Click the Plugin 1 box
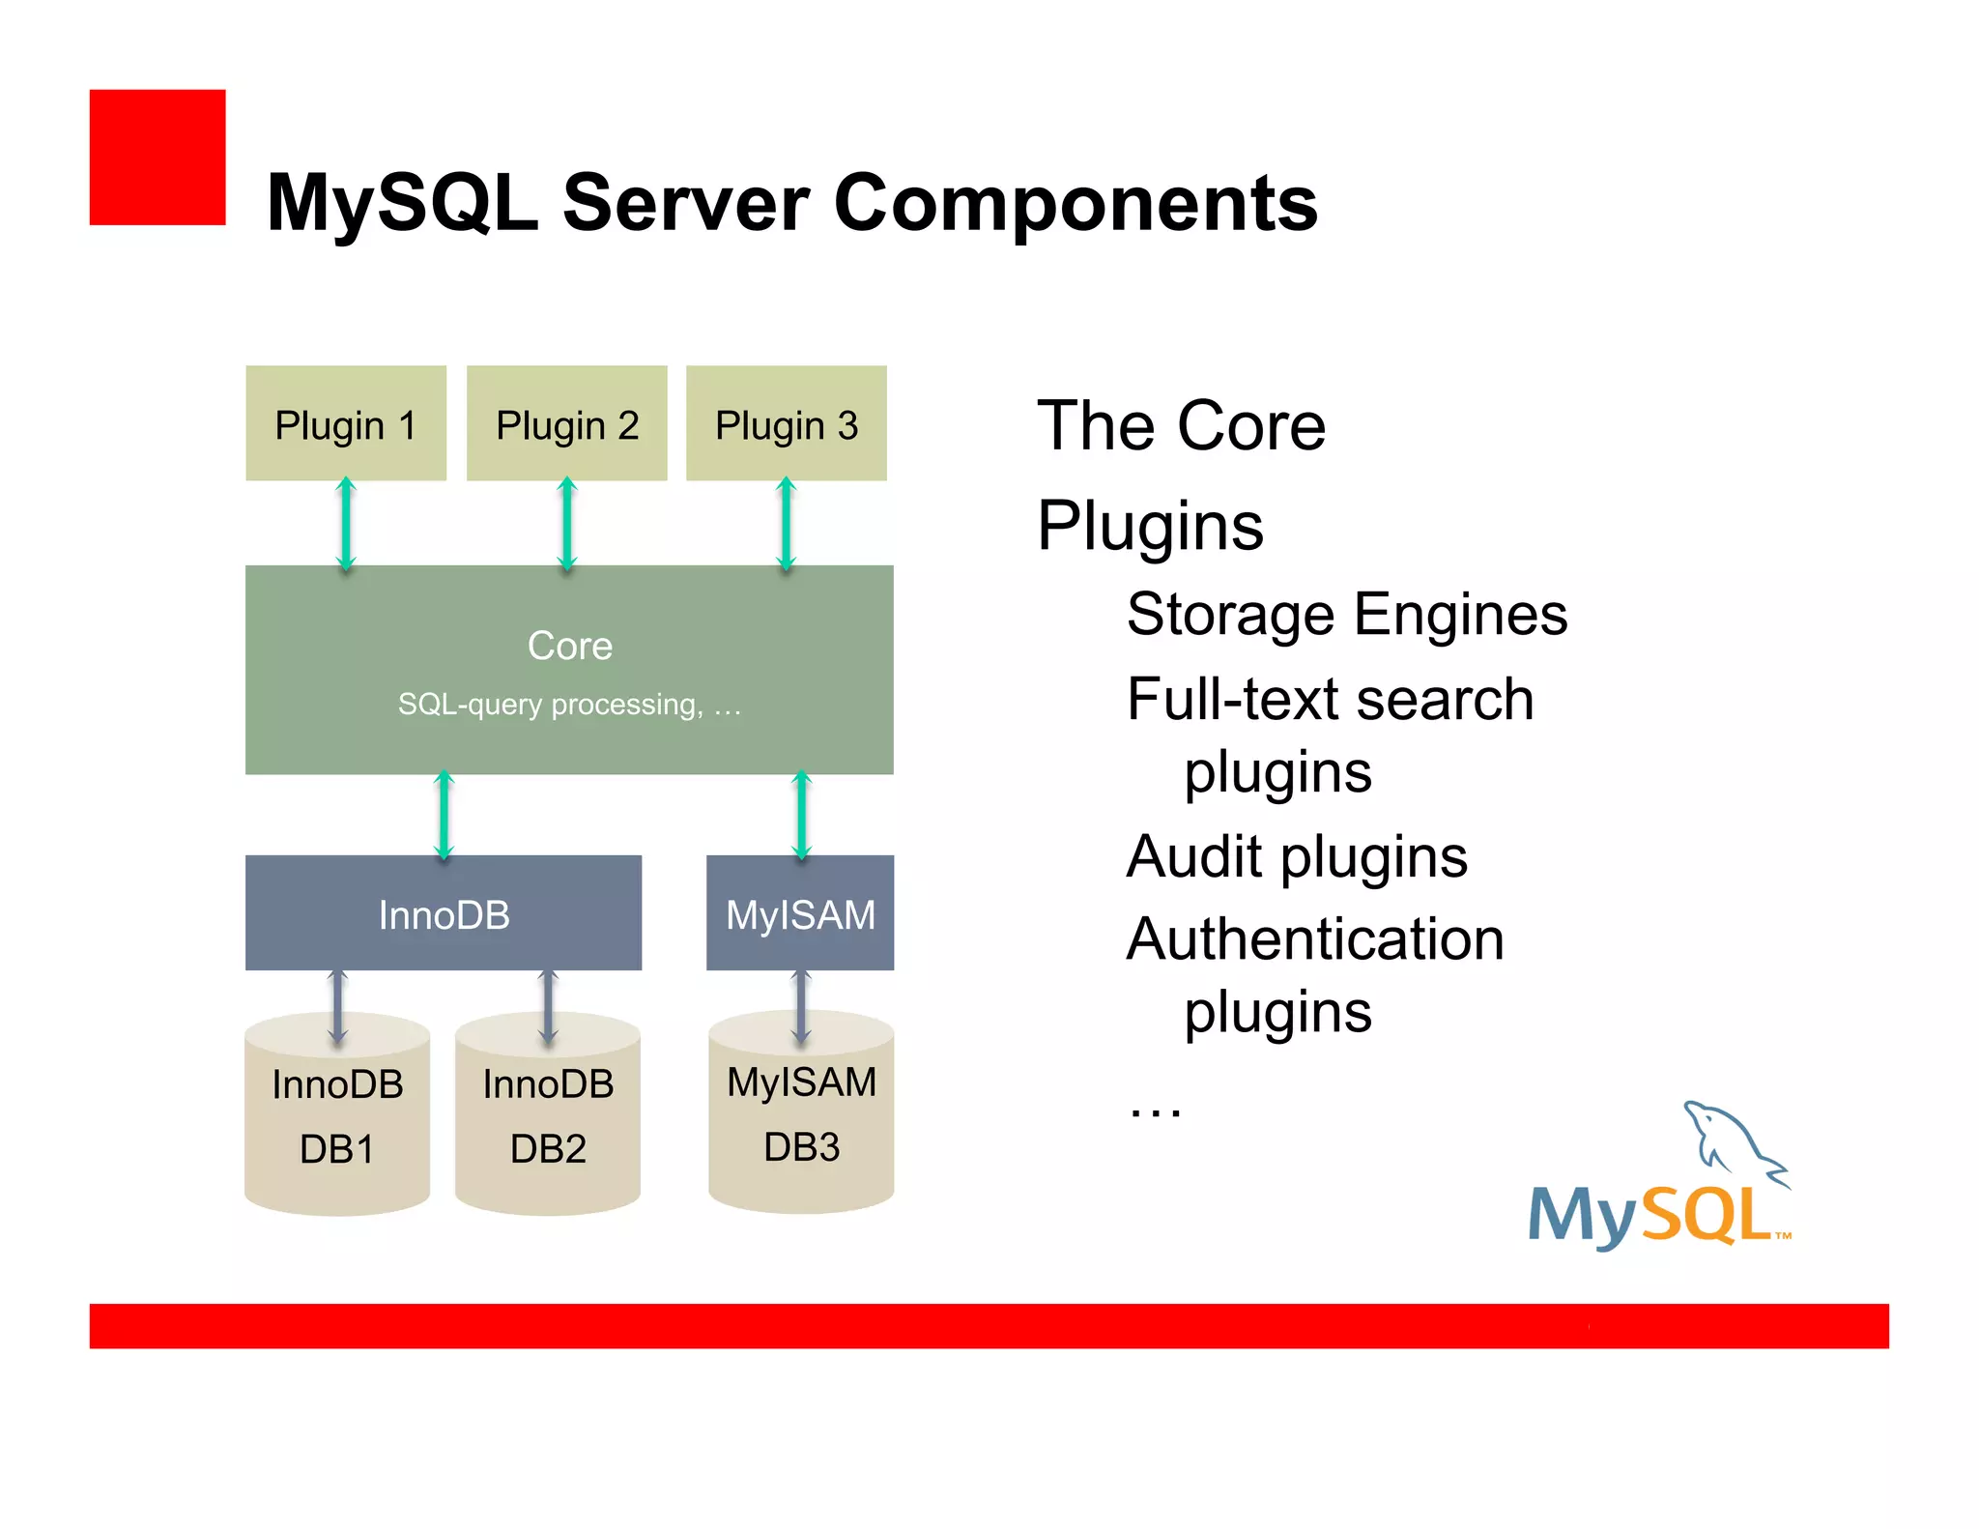345,423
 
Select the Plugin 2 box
566,423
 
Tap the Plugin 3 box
786,423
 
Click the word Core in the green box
569,646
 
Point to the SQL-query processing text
569,705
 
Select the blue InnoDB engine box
443,913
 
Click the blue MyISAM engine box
800,913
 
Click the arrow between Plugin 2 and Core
567,524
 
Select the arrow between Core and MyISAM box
801,815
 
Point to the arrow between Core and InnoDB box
444,815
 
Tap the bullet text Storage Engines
1346,615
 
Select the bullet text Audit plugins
1296,856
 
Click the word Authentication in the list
1315,939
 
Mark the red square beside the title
158,158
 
